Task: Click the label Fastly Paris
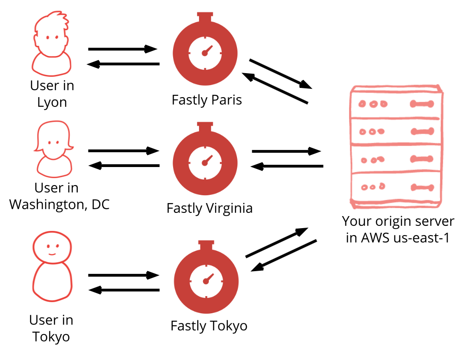point(206,100)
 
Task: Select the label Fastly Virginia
point(209,208)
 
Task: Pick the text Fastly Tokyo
point(209,326)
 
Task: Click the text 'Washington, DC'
point(59,205)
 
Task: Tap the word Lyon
point(52,103)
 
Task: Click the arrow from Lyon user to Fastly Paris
point(123,49)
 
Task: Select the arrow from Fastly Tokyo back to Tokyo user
point(124,290)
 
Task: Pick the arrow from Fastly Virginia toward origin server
point(287,151)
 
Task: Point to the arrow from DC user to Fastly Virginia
point(123,150)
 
